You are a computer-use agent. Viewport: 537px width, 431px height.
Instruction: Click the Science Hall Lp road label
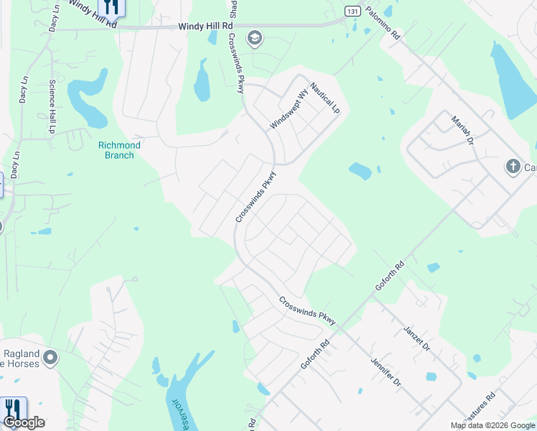pos(52,107)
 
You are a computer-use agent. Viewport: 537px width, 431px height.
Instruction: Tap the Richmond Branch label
pos(119,150)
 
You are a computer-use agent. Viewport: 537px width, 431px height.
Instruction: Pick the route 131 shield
pos(351,11)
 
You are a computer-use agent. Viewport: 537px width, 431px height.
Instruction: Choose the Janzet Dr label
pos(416,335)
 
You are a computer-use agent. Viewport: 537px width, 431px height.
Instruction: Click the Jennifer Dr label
pos(386,372)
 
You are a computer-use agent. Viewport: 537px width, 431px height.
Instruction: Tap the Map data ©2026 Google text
pos(492,425)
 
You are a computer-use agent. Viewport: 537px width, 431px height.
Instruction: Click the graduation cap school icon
pos(254,38)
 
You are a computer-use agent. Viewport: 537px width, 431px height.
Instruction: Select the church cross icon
pos(513,167)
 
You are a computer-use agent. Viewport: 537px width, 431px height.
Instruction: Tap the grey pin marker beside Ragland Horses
pos(50,357)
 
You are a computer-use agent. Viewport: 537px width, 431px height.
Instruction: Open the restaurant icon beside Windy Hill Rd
pos(111,7)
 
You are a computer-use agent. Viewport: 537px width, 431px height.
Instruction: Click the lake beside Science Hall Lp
pos(86,100)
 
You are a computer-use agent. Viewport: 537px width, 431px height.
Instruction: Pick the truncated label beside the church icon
pos(530,168)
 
